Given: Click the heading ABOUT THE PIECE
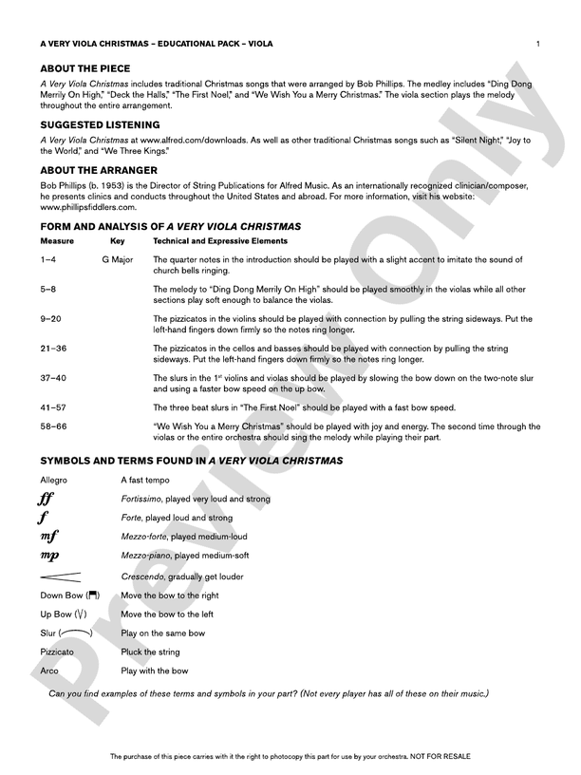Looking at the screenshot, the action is point(85,69).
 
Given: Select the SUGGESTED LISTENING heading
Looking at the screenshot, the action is point(100,124).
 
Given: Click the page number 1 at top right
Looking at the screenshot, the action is point(538,44).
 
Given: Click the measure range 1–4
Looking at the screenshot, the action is point(49,259).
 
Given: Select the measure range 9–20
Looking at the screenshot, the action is point(51,319).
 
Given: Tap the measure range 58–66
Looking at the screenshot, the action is point(53,426).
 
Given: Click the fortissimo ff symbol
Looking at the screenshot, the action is point(46,499).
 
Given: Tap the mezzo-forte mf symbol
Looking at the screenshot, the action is point(48,538).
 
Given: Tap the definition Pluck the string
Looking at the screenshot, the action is point(152,652).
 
